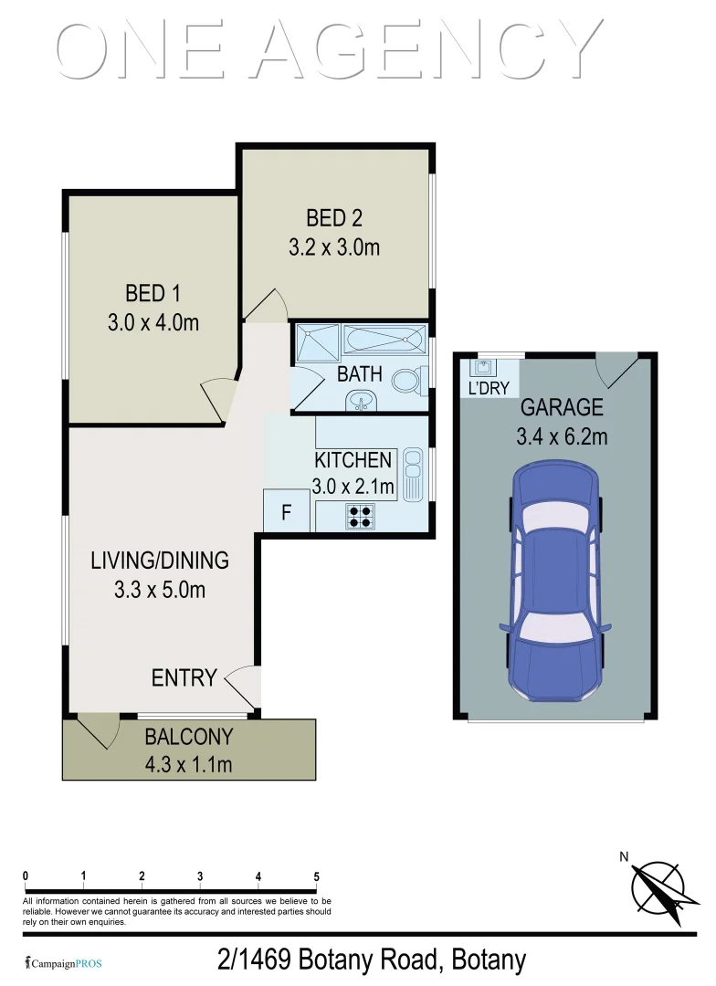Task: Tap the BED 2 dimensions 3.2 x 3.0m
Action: [334, 246]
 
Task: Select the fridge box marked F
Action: [285, 512]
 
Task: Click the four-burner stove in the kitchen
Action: [359, 517]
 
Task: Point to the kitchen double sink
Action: [412, 474]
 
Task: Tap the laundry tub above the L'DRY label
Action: [483, 368]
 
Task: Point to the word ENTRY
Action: [184, 677]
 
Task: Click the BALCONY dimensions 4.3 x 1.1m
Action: [188, 763]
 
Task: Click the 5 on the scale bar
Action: [316, 876]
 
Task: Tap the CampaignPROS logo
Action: [63, 963]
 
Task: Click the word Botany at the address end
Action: [484, 960]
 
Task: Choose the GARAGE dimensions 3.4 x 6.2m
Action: [562, 436]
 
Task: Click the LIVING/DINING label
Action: [160, 561]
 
